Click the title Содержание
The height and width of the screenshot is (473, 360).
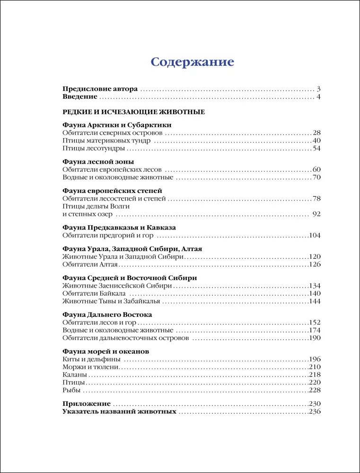[x=192, y=62]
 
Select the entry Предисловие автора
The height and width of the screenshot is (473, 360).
[x=100, y=89]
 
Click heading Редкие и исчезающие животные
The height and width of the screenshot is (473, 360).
[x=133, y=112]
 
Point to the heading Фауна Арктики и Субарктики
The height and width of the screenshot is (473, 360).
[x=117, y=125]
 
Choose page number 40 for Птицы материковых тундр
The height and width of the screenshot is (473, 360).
[x=316, y=140]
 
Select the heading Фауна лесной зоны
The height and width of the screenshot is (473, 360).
[x=98, y=161]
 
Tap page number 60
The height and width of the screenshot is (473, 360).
[x=316, y=169]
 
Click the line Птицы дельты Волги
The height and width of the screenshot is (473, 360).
[x=96, y=206]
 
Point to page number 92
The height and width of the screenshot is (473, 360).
[x=316, y=214]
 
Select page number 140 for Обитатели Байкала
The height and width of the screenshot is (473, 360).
[x=315, y=293]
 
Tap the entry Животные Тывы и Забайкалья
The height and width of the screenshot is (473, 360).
[x=112, y=301]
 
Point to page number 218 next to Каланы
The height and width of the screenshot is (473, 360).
[x=315, y=375]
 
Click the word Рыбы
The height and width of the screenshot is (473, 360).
[x=71, y=390]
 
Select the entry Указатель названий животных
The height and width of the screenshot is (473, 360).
[x=119, y=412]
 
